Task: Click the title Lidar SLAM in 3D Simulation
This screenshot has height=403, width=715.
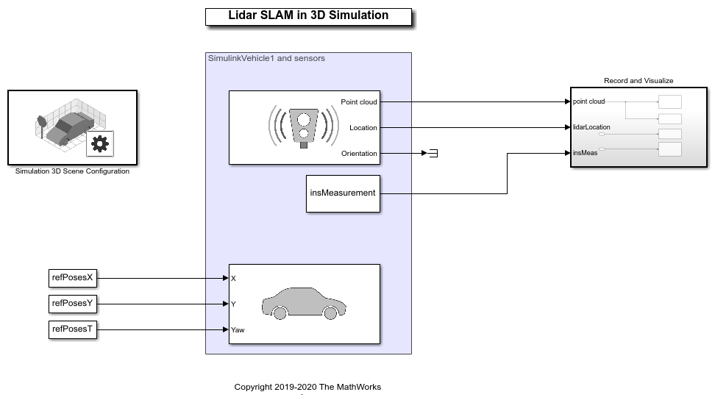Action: tap(307, 15)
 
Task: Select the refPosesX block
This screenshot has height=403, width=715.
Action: tap(73, 279)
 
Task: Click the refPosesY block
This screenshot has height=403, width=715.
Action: tap(73, 303)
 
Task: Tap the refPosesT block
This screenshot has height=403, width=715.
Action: tap(73, 329)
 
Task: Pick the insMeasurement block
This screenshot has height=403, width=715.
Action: tap(343, 193)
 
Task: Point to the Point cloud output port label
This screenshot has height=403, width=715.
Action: tap(359, 102)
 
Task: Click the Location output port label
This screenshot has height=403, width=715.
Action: tap(363, 128)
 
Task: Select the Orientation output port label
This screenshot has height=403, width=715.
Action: tap(359, 154)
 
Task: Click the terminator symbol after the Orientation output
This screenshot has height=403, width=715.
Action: tap(433, 154)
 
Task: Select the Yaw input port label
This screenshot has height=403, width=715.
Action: tap(238, 329)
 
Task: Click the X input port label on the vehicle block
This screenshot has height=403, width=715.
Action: tap(233, 279)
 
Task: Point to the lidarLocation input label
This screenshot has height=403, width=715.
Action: tap(591, 127)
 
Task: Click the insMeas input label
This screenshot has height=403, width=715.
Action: tap(586, 153)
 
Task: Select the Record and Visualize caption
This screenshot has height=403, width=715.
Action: tap(638, 81)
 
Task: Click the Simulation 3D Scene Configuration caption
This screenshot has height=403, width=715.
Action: tap(72, 171)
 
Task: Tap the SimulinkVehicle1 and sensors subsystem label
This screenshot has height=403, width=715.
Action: tap(266, 58)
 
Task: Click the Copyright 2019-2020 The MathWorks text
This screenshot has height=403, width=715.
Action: tap(307, 387)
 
